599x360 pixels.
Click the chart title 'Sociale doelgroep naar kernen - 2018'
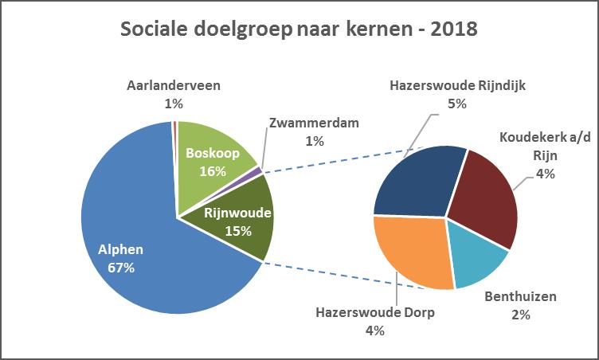point(299,30)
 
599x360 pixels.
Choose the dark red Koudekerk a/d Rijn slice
point(486,199)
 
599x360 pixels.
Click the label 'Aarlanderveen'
point(174,85)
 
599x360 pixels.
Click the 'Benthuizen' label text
point(520,297)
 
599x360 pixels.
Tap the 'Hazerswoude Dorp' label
point(375,312)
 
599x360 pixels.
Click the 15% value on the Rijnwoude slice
point(238,231)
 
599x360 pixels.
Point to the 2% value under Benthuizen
point(520,315)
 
